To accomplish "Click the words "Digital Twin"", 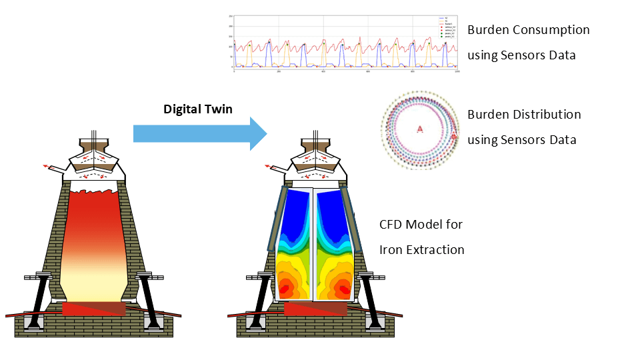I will coord(198,109).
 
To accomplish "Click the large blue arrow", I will coord(200,133).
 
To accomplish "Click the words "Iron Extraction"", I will coord(421,250).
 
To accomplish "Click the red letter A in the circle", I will coord(420,129).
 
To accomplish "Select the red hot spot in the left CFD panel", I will coord(286,288).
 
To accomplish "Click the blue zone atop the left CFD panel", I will coord(293,213).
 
